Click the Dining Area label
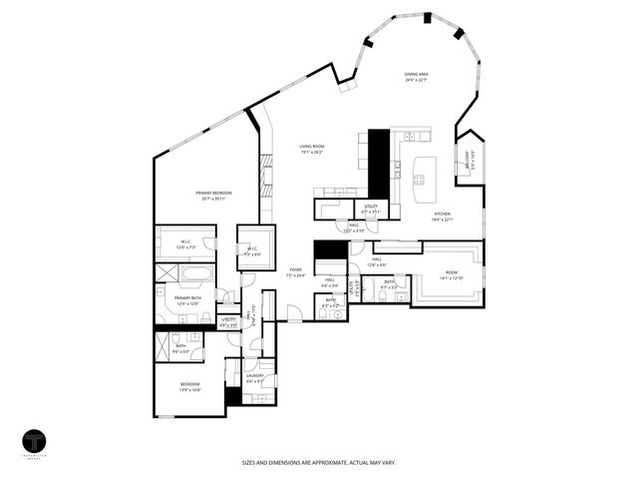tap(418, 77)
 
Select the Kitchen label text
tap(443, 218)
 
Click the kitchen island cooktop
tap(419, 181)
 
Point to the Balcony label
tap(467, 158)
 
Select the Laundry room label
tap(254, 377)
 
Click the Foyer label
tap(295, 272)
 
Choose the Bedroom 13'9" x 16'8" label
tap(189, 386)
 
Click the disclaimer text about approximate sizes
tap(318, 462)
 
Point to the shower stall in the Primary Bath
tap(165, 274)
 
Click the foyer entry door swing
tap(293, 313)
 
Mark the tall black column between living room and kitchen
tap(379, 165)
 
